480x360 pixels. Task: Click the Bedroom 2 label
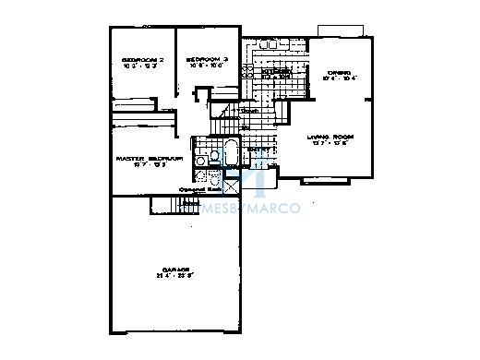coord(142,61)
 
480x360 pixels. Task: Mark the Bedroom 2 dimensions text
coord(142,69)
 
